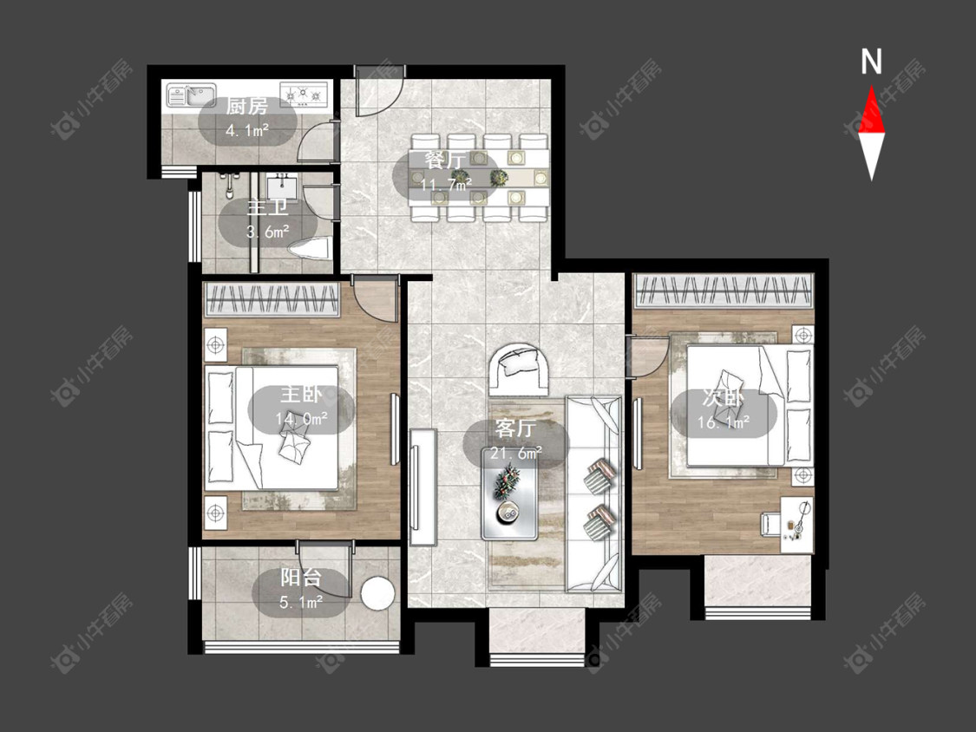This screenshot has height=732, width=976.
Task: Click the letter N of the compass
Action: (x=871, y=62)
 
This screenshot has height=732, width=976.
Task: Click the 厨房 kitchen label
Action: (x=246, y=107)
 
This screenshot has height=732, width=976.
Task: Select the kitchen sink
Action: (x=191, y=95)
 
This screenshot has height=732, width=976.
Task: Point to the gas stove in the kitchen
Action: (x=304, y=95)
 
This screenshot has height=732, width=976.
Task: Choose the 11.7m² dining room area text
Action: (x=446, y=184)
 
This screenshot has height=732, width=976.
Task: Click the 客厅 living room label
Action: (x=515, y=428)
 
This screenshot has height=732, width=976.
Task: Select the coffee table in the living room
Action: (x=510, y=501)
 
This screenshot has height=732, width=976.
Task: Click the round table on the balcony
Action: (x=378, y=594)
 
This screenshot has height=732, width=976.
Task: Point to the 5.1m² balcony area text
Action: (x=301, y=602)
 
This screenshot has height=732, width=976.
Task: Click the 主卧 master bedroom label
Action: (x=301, y=395)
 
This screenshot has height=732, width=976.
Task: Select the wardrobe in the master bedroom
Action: (x=272, y=300)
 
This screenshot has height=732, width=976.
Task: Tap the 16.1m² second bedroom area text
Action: (x=724, y=422)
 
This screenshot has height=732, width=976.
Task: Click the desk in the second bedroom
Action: (x=797, y=524)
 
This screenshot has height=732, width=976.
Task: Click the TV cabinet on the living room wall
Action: (x=422, y=487)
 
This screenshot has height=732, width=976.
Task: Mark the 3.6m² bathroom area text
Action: (x=268, y=232)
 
